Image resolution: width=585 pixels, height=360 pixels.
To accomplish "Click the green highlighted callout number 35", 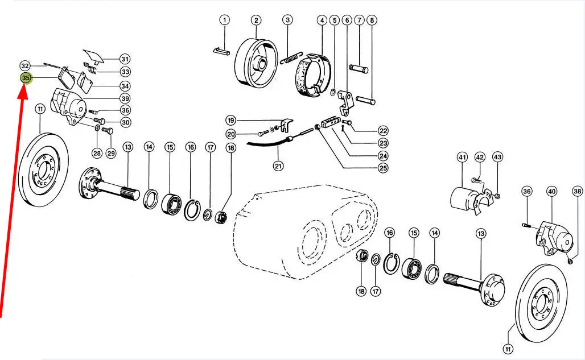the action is (26, 78).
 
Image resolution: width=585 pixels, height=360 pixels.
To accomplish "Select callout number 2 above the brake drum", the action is (256, 20).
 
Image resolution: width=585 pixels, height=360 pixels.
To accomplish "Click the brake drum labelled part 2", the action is (256, 63).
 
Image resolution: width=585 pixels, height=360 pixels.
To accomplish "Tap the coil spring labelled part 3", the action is (291, 59).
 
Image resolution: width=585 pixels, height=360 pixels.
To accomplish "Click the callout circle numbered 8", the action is (372, 20).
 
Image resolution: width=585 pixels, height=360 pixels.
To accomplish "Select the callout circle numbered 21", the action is (278, 165).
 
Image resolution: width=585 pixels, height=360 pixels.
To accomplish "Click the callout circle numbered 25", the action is (383, 168).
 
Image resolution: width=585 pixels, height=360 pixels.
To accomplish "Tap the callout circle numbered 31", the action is (125, 59).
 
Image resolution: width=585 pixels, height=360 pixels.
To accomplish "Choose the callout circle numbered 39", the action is (125, 98).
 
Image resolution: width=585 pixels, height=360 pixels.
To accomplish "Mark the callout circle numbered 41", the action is (462, 158).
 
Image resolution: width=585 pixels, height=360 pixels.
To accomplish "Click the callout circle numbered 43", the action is (497, 157).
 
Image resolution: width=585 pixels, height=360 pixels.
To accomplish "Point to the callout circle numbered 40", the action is (551, 192).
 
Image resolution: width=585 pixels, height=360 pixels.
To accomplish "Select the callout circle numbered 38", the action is (577, 191).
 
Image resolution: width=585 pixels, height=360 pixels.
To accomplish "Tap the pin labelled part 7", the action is (359, 69).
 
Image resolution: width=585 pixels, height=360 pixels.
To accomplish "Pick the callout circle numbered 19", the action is (231, 121).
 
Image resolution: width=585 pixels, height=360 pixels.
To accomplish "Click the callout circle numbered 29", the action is (111, 153).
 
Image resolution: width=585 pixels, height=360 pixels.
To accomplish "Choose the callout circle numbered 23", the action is (383, 143).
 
